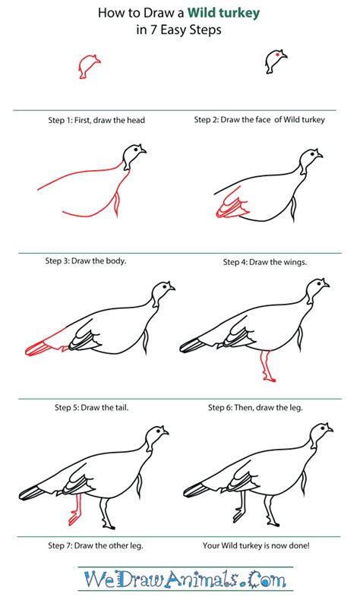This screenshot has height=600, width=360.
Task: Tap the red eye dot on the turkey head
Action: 278,55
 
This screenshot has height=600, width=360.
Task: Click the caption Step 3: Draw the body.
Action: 85,261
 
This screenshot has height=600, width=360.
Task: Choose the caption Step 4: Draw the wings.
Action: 264,262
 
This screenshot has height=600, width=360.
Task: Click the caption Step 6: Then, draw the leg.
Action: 255,408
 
